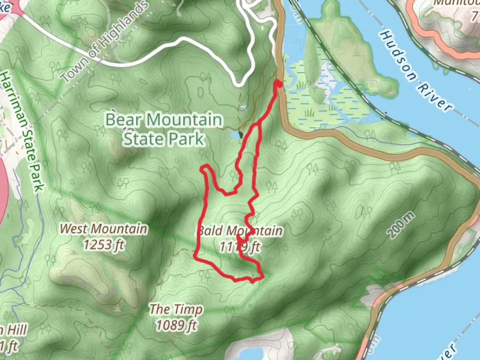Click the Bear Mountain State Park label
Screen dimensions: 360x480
point(163,129)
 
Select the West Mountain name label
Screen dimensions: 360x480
point(103,229)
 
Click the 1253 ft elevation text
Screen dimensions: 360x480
point(103,245)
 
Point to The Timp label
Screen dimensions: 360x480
point(176,309)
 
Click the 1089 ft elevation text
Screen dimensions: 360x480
point(176,325)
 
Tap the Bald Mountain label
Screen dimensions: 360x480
point(240,231)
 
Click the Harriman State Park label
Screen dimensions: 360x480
point(22,132)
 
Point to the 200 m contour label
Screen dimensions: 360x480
point(402,225)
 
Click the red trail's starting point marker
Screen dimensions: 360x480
point(278,84)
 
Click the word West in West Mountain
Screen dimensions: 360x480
point(74,229)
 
